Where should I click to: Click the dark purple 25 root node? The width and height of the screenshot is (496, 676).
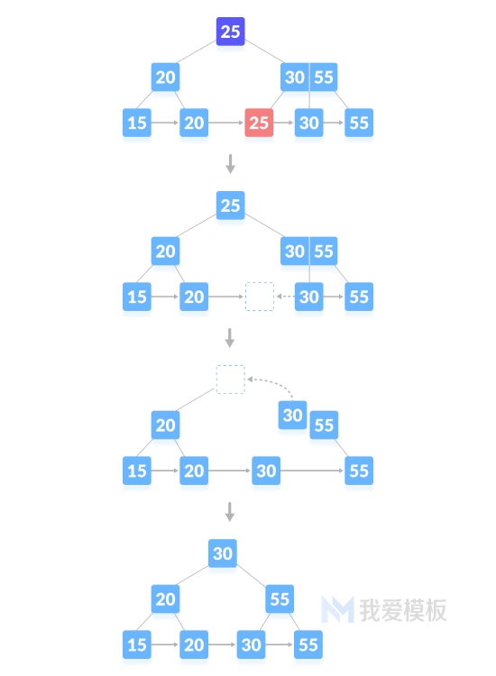click(x=230, y=32)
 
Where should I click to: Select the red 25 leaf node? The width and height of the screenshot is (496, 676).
click(x=259, y=123)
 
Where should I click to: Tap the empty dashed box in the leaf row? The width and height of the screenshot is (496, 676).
click(x=260, y=297)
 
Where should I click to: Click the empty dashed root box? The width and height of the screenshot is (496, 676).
click(x=231, y=379)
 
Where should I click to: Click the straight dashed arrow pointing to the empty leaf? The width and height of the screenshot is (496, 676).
click(x=285, y=297)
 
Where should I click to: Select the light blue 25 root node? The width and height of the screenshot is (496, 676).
click(x=230, y=206)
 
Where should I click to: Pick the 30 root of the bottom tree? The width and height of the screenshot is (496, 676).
click(x=223, y=553)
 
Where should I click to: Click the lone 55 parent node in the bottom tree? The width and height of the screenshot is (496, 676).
click(x=280, y=598)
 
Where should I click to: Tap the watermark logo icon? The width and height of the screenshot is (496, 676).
click(x=337, y=609)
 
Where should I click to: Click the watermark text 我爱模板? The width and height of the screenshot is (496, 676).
click(x=403, y=610)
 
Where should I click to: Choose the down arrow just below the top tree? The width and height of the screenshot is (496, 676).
click(x=231, y=164)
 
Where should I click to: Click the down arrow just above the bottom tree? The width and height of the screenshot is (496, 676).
click(x=230, y=512)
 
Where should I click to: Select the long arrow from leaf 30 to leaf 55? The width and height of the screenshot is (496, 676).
click(x=313, y=470)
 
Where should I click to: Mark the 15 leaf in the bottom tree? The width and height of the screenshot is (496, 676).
click(x=137, y=644)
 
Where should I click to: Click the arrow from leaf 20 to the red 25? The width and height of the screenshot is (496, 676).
click(x=226, y=123)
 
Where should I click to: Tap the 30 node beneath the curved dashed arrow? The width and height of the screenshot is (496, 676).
click(x=292, y=416)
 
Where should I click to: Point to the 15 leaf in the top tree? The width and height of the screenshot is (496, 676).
click(x=137, y=123)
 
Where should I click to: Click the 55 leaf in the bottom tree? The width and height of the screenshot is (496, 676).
click(x=308, y=644)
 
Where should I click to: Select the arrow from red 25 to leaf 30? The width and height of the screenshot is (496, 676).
click(x=284, y=123)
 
